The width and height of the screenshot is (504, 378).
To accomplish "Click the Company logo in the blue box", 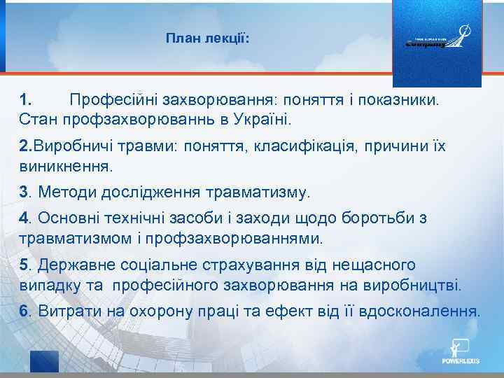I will (436, 40).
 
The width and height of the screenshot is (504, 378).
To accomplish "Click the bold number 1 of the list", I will (25, 99).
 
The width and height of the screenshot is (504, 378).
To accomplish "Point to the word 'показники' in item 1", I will (402, 99).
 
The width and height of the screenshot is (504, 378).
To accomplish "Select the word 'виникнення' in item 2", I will (65, 166).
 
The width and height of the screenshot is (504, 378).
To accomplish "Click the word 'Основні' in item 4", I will (68, 218).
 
